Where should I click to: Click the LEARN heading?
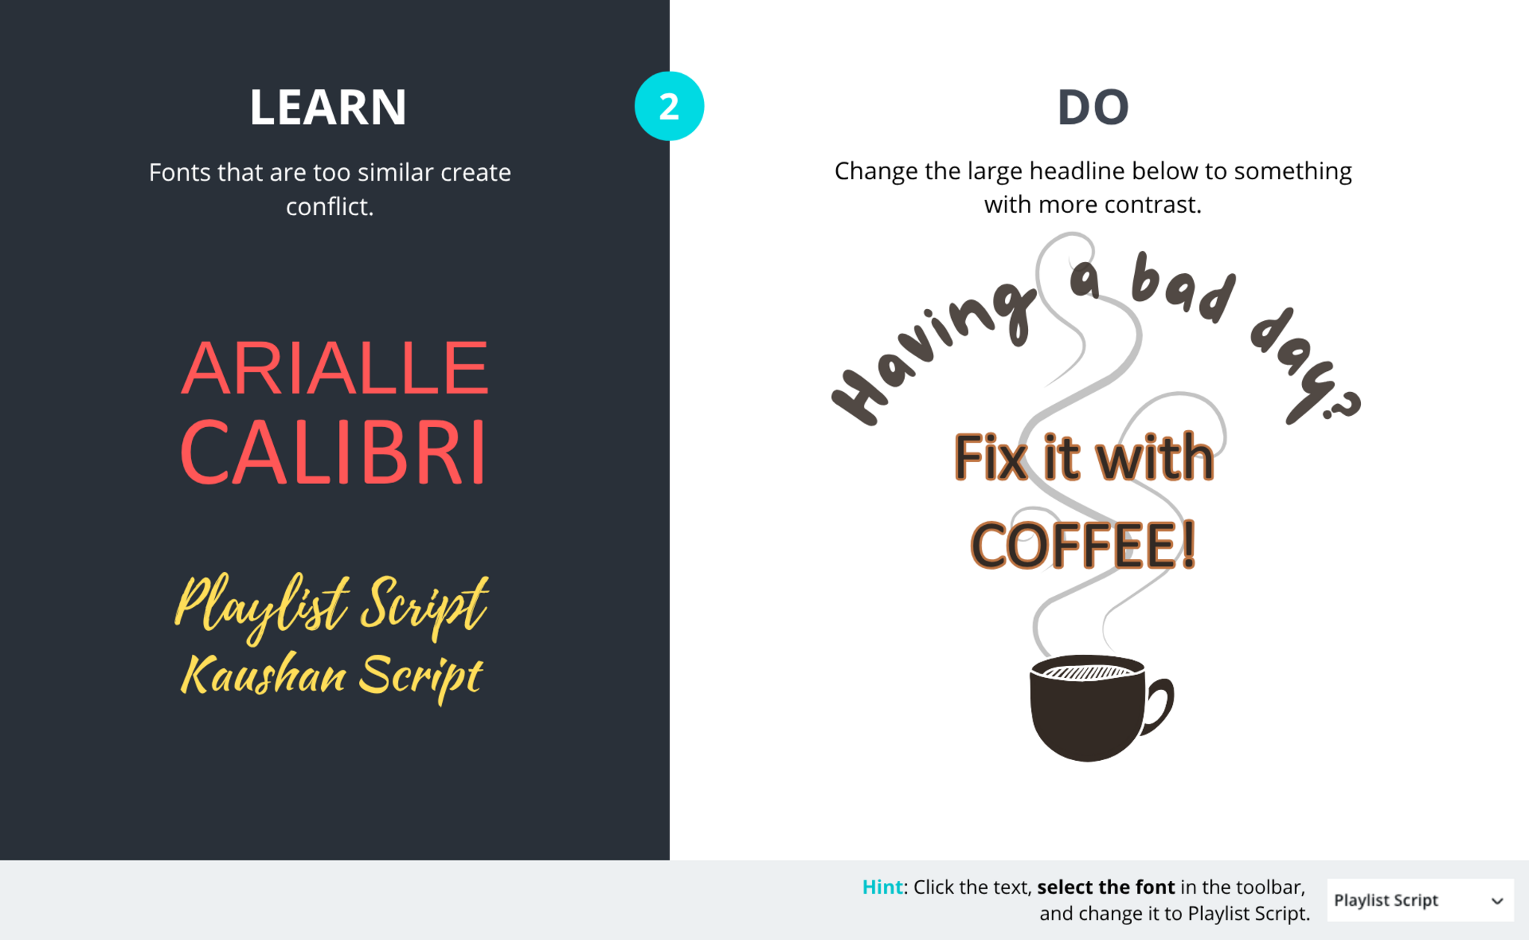[x=328, y=107]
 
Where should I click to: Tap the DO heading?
[x=1093, y=107]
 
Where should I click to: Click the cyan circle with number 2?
[x=669, y=106]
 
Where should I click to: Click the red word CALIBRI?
[x=333, y=452]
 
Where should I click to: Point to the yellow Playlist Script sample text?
[x=331, y=606]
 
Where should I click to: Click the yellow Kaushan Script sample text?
[x=331, y=676]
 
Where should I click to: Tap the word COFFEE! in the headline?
[x=1083, y=545]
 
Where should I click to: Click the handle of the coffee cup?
[x=1159, y=706]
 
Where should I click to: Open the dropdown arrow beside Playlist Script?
[x=1497, y=901]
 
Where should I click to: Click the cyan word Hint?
[x=882, y=887]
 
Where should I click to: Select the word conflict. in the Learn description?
[x=329, y=206]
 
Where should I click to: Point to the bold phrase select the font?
[x=1106, y=887]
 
